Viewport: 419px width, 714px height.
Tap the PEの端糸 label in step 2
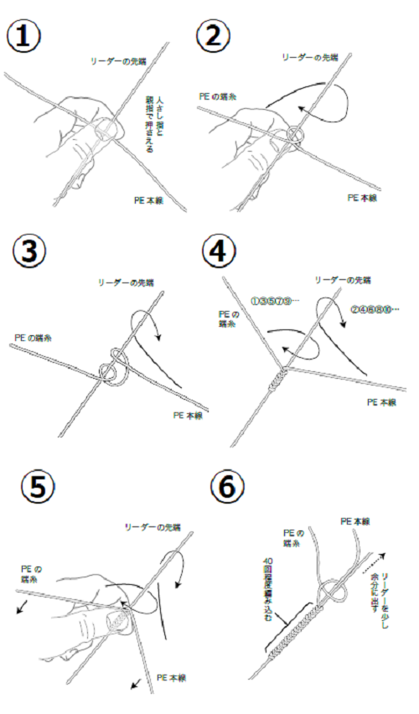(217, 96)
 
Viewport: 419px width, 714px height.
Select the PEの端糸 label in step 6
(292, 537)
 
